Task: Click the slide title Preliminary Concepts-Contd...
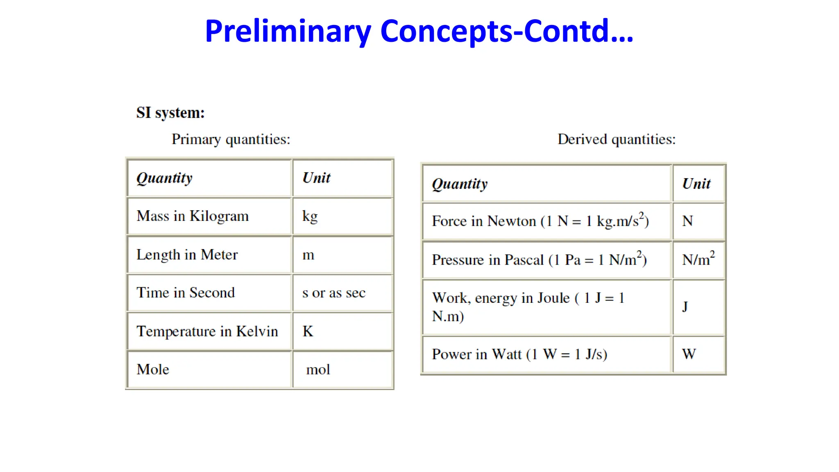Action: (419, 32)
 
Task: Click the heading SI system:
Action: (170, 113)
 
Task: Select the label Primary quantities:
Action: (231, 139)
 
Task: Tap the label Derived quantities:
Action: (616, 139)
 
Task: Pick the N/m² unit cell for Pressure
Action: (698, 259)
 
